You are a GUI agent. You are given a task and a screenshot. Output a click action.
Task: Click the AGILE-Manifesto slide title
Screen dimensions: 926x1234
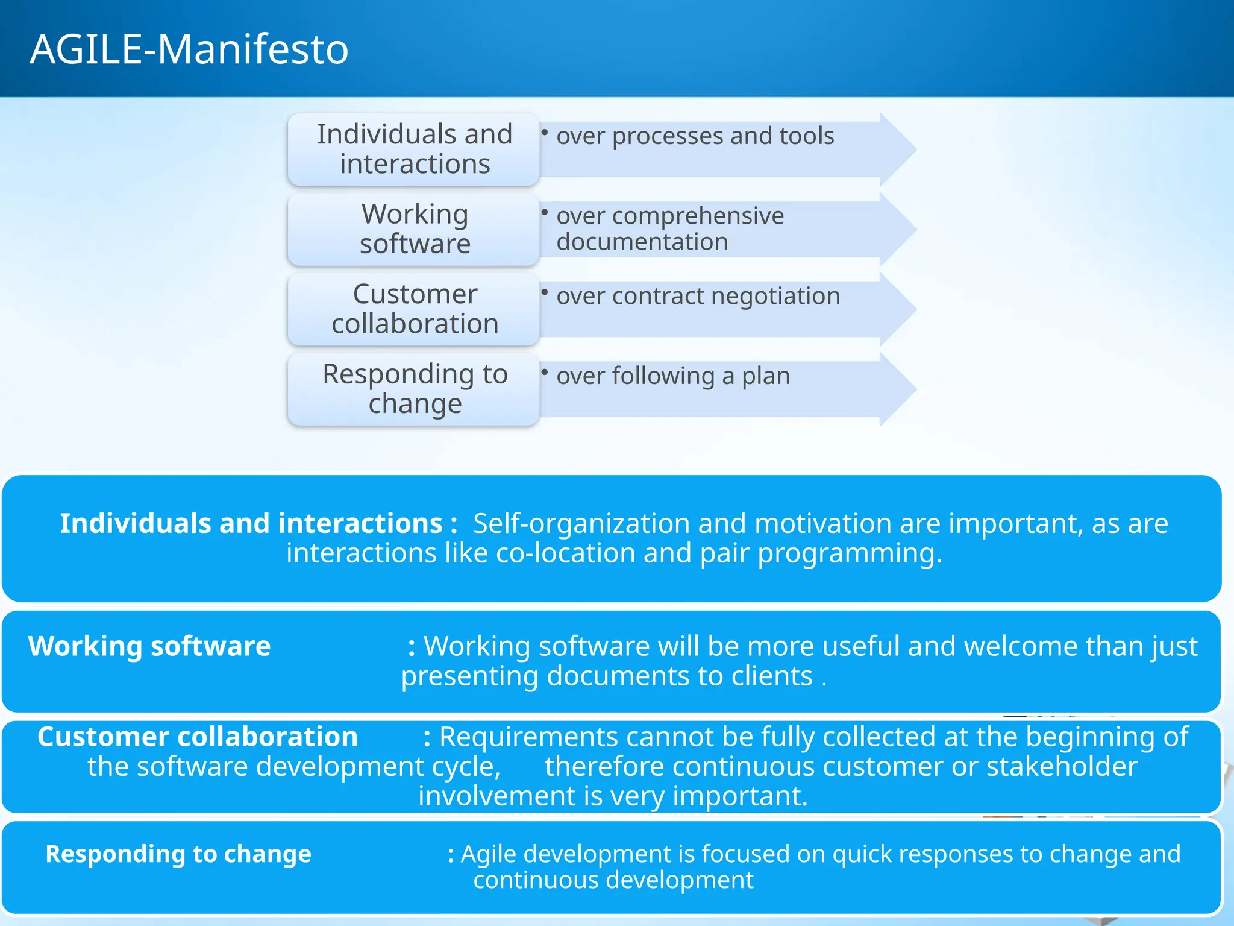[189, 49]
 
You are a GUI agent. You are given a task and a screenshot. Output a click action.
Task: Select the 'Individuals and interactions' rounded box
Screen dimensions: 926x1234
[414, 149]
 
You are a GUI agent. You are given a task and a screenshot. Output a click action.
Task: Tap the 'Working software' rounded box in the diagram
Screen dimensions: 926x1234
[414, 229]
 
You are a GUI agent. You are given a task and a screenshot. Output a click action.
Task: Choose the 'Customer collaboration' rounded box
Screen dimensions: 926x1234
[414, 309]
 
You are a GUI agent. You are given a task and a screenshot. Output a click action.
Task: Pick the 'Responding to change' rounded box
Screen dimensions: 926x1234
[414, 389]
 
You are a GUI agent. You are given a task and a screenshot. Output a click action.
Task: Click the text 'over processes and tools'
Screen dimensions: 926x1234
[695, 136]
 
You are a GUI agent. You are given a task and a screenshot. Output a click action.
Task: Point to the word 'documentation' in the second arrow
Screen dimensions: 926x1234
[642, 242]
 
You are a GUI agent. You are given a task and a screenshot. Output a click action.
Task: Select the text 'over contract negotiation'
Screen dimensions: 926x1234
[698, 296]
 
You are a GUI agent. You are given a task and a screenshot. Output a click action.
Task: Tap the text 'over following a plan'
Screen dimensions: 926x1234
[672, 376]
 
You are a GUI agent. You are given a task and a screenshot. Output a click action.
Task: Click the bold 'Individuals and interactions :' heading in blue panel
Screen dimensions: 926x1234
[258, 523]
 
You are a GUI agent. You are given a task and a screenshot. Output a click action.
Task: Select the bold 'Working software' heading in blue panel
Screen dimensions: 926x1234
[149, 646]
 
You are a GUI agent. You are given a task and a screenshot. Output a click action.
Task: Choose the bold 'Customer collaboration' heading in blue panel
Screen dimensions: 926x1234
[198, 737]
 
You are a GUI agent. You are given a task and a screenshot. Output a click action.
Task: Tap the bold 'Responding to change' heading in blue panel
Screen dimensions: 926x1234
[178, 854]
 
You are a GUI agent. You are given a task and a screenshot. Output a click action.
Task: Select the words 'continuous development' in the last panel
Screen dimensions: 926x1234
[613, 880]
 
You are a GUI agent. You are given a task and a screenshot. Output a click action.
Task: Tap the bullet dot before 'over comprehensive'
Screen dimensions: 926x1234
[544, 212]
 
